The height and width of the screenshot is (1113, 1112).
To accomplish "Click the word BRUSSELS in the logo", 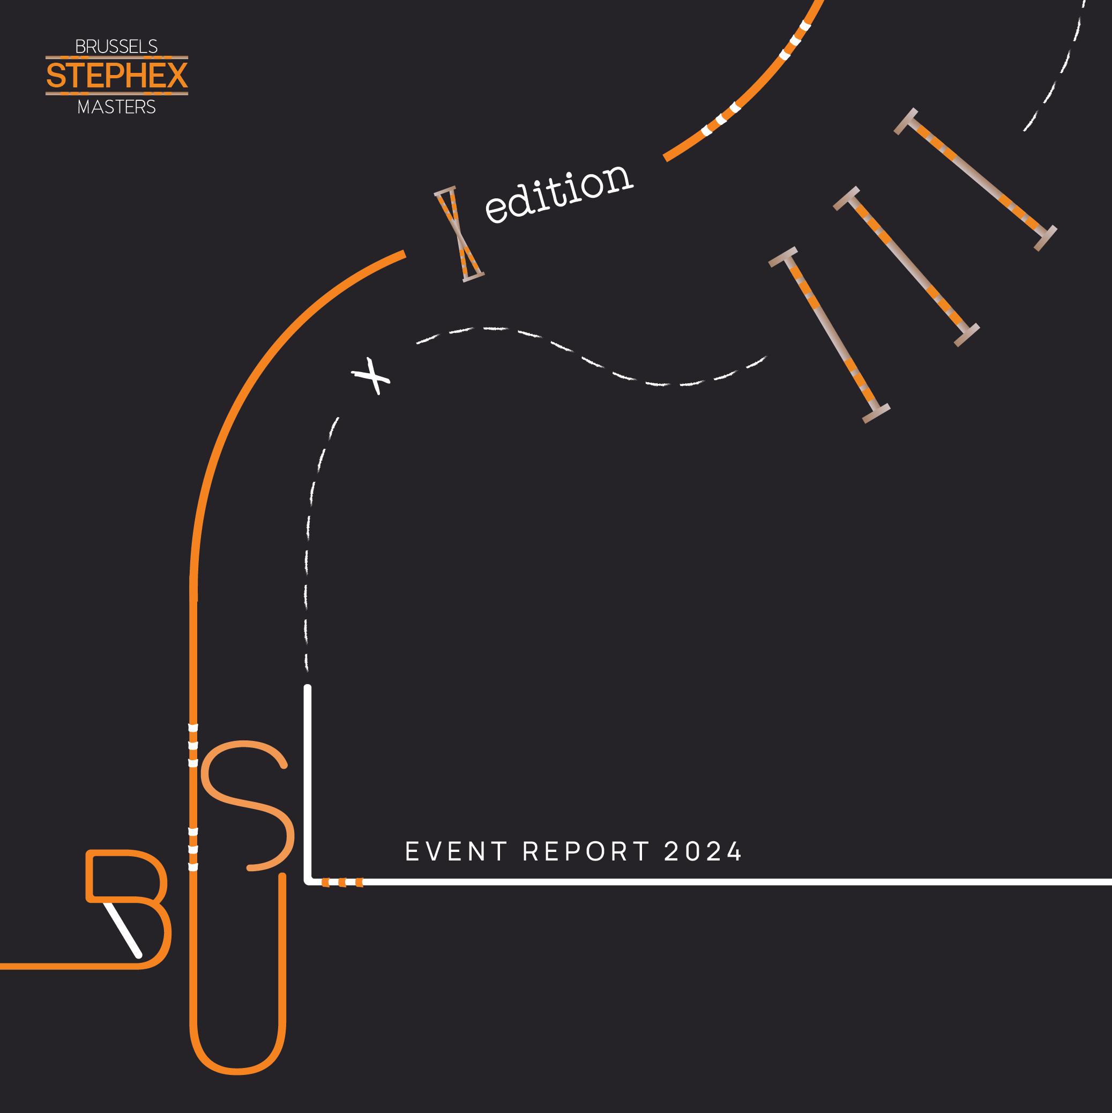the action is click(x=116, y=47).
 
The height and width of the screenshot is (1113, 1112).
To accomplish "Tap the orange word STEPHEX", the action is click(x=116, y=76).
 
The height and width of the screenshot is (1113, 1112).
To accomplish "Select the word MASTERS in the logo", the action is click(x=116, y=107).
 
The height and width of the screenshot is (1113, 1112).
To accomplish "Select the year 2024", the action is click(x=703, y=851).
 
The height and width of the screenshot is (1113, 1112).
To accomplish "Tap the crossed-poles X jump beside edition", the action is click(x=458, y=234).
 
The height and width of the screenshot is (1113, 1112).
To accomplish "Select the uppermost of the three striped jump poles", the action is click(x=975, y=180).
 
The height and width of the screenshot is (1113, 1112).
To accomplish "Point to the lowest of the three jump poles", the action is click(x=830, y=335).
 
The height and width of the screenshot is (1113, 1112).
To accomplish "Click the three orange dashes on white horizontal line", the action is click(x=342, y=882).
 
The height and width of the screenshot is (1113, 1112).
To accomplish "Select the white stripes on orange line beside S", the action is click(x=193, y=747).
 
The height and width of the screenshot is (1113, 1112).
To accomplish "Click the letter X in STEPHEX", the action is click(x=175, y=76).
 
